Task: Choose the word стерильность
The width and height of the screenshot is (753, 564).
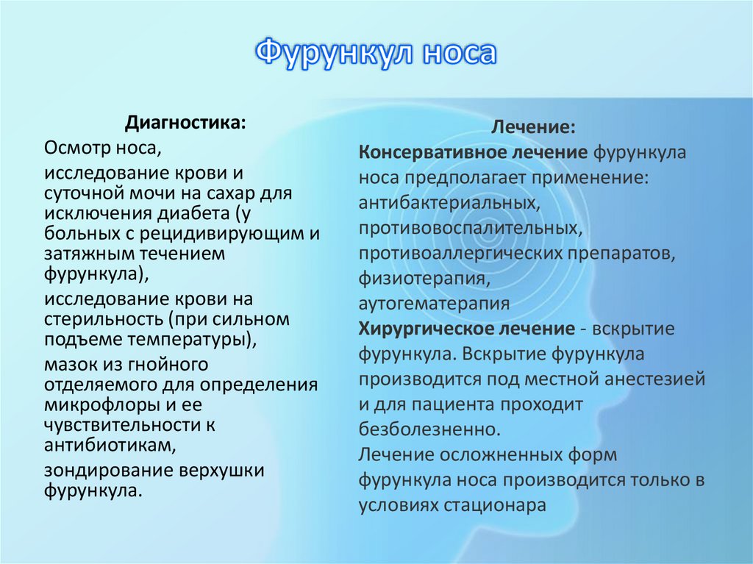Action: [101, 320]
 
